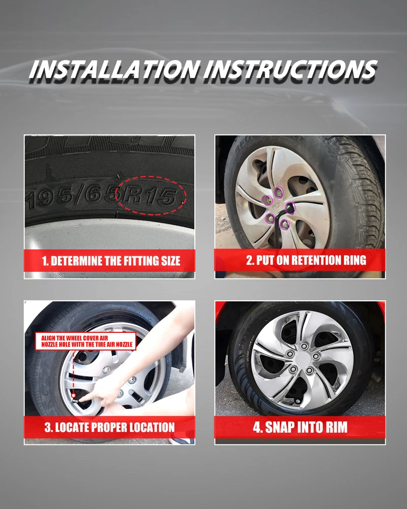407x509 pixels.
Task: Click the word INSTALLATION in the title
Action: [114, 70]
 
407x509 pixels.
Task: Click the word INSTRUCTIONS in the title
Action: [291, 70]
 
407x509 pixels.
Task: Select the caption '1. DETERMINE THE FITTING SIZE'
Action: [111, 261]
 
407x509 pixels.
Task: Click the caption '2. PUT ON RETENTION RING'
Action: [306, 260]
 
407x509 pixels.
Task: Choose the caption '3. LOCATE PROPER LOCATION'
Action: [110, 427]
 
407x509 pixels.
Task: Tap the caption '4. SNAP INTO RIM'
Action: [300, 427]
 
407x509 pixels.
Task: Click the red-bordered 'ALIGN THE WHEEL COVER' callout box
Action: [85, 341]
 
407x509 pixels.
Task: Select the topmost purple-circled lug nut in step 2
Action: [279, 193]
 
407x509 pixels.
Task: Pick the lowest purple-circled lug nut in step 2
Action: [284, 223]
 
